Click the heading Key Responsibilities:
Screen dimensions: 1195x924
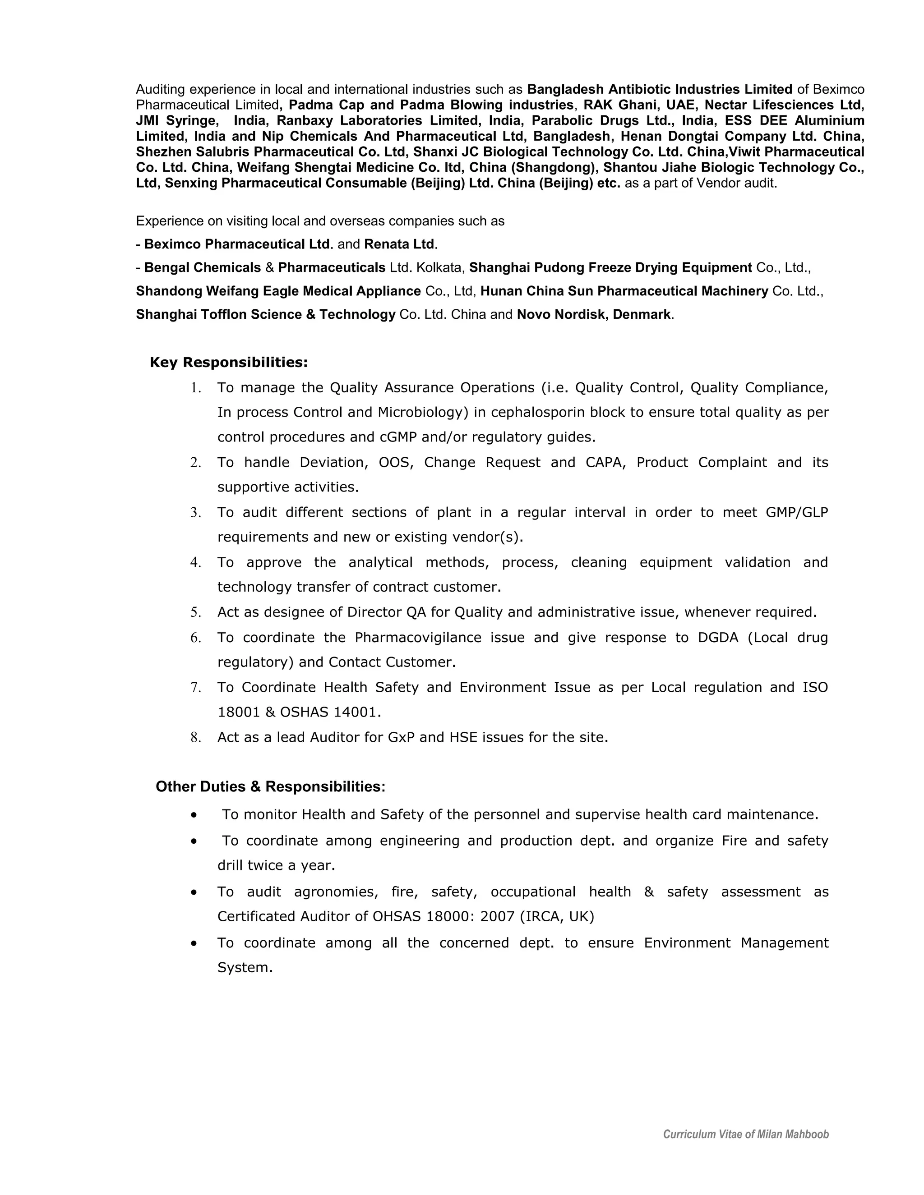coord(229,362)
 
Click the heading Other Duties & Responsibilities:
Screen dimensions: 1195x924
coord(270,786)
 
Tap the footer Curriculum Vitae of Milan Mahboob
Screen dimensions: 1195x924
coord(745,1134)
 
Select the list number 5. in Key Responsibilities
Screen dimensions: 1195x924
coord(196,612)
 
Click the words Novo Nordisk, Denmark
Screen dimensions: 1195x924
coord(593,315)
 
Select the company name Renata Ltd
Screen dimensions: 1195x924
coord(399,244)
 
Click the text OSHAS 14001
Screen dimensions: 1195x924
coord(330,712)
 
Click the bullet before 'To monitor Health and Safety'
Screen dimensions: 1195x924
coord(194,815)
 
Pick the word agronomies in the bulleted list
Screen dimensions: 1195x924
coord(336,892)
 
